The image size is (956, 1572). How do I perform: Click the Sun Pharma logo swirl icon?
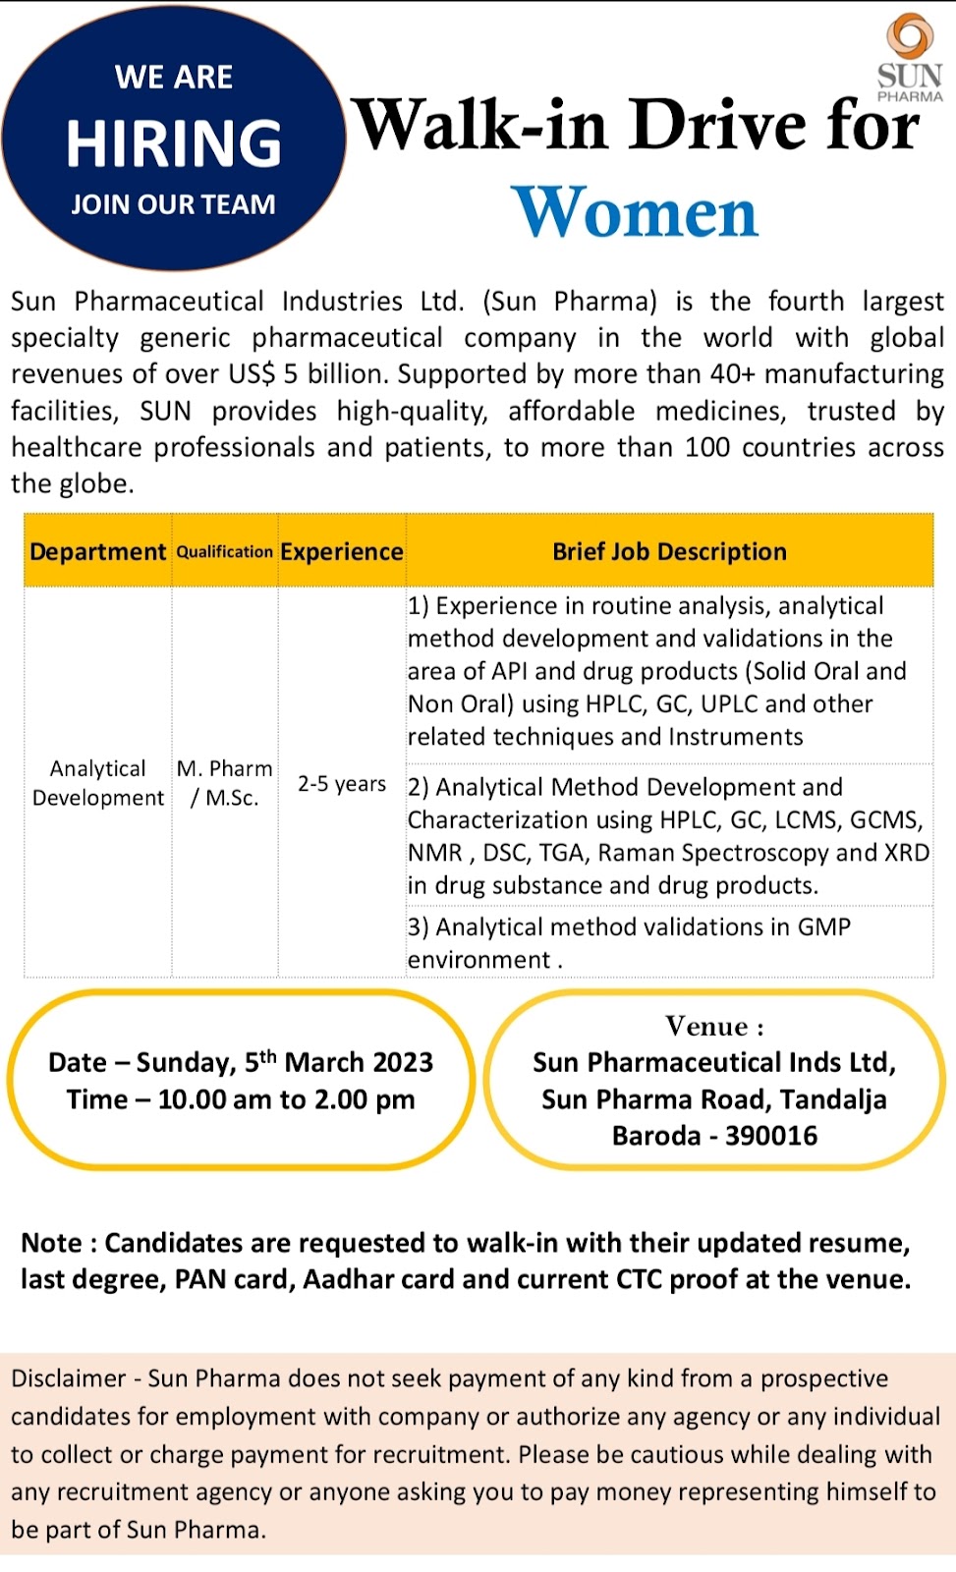(x=910, y=36)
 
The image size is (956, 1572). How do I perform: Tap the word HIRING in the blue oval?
(x=174, y=143)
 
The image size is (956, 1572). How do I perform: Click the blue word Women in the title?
(x=636, y=212)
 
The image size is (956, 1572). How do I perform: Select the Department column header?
(x=97, y=551)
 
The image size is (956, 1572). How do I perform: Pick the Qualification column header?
(x=225, y=551)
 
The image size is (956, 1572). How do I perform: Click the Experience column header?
(x=342, y=551)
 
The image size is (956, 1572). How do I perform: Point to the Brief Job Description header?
(x=669, y=551)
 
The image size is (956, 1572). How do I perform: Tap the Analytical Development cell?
(x=98, y=783)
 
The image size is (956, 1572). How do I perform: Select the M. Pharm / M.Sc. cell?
(x=225, y=783)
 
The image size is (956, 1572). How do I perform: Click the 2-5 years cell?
(x=342, y=784)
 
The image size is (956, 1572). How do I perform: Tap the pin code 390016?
(x=771, y=1136)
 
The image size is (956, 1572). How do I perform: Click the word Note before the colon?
(x=51, y=1243)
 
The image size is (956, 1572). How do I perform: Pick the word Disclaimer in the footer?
(x=68, y=1378)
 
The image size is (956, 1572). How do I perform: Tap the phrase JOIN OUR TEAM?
(x=173, y=204)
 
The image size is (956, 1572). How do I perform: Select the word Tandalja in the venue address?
(x=834, y=1099)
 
